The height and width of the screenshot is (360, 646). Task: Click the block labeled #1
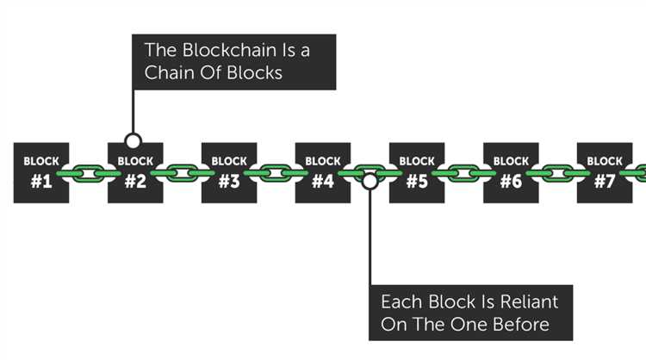pos(41,172)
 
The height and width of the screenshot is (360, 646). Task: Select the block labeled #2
pos(135,174)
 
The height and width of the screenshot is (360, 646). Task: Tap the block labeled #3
pos(229,172)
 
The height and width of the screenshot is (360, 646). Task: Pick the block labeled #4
pos(323,172)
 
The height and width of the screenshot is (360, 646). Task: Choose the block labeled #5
pos(417,172)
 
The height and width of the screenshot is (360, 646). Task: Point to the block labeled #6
pos(511,172)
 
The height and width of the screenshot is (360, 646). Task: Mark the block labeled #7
pos(605,172)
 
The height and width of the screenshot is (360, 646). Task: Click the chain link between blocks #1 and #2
pos(88,173)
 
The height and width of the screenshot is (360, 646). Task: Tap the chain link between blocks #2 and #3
pos(182,173)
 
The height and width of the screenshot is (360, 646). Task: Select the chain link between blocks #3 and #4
pos(276,173)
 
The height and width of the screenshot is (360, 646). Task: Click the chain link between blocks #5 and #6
pos(463,173)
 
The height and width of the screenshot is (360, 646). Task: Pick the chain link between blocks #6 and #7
pos(557,173)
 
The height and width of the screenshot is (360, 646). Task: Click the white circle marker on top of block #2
pos(132,140)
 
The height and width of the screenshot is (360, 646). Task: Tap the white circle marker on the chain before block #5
pos(370,181)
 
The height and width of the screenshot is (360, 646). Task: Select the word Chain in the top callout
pos(168,73)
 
